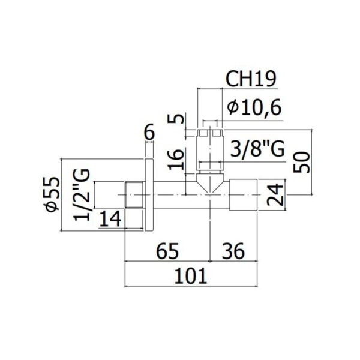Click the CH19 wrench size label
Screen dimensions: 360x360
tap(251, 79)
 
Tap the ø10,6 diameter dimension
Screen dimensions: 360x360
tap(254, 108)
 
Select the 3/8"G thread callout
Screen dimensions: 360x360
tap(257, 148)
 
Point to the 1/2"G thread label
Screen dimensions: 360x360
tap(82, 194)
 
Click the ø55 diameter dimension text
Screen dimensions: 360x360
tap(53, 194)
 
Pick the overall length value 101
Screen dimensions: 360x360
tap(191, 276)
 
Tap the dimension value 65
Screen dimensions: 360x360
tap(167, 251)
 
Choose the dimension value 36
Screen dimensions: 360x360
tap(233, 251)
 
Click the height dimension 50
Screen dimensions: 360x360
tap(301, 162)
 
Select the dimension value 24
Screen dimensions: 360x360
tap(275, 194)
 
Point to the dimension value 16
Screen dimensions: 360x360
tap(176, 160)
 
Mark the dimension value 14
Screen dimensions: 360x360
tap(110, 219)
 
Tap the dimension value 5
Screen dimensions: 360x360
tap(176, 119)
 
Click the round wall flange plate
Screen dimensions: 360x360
tap(149, 194)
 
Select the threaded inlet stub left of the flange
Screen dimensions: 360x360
tap(135, 194)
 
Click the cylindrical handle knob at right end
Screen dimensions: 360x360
tap(244, 194)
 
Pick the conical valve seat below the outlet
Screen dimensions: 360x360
tap(211, 182)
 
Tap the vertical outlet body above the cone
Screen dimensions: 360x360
tap(211, 152)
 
